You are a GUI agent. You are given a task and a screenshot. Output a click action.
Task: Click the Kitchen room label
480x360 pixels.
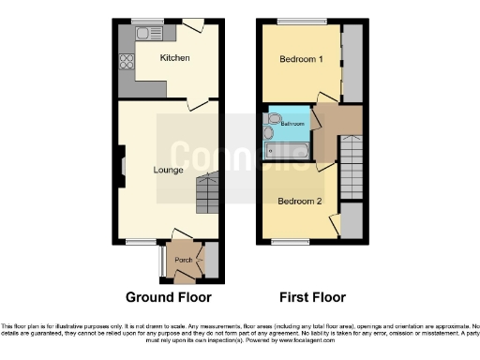coord(174,58)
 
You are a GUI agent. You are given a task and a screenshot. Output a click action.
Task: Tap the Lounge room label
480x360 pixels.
coord(169,170)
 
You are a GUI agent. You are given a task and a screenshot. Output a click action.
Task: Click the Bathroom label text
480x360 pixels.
coord(293,124)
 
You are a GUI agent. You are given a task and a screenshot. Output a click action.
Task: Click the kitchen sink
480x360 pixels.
coord(147,34)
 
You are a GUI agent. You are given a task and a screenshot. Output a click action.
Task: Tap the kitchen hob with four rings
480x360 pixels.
coord(127,65)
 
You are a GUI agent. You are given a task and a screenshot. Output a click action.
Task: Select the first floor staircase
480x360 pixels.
coord(352,164)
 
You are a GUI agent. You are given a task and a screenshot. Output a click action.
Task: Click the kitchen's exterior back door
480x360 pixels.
coord(193,25)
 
